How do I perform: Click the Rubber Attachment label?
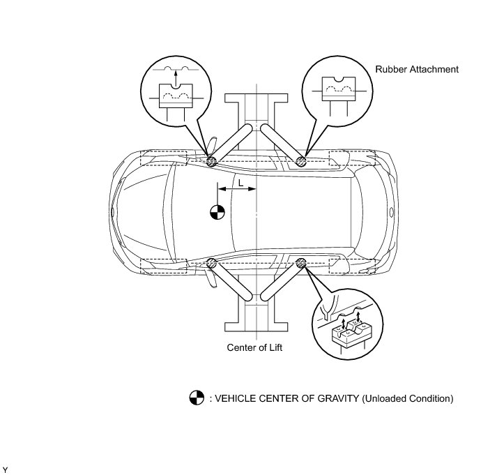click(x=417, y=70)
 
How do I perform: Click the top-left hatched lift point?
click(x=211, y=162)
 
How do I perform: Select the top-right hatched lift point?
click(x=301, y=162)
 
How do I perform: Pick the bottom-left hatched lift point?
click(x=211, y=263)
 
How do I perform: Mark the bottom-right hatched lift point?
click(x=301, y=263)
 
